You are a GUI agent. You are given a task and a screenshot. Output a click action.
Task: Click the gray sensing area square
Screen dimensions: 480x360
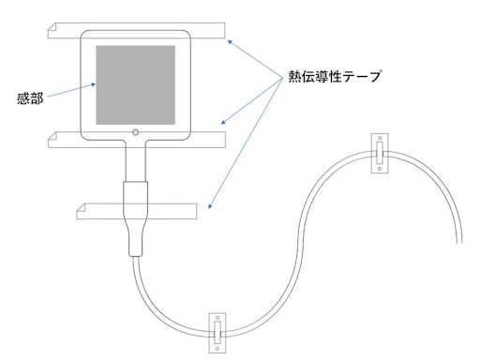pos(135,85)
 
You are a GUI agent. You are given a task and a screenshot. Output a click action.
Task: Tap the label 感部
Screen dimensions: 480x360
pos(30,98)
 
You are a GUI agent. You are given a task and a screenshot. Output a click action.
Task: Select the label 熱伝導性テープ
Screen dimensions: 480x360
pos(335,76)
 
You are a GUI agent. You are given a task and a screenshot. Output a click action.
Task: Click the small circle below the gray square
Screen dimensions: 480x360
pos(135,132)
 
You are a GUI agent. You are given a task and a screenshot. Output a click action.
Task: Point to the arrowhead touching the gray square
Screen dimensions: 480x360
pos(93,84)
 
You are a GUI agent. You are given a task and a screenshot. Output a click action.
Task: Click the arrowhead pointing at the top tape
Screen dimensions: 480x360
pos(230,42)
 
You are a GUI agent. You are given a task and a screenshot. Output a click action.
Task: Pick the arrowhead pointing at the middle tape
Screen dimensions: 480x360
pos(223,122)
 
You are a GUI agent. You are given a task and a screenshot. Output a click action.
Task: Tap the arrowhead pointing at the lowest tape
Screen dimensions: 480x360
pos(210,206)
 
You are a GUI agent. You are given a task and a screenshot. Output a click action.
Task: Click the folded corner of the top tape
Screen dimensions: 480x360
pos(52,26)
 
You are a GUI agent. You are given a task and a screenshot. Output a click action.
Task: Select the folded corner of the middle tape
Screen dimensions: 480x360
pos(52,136)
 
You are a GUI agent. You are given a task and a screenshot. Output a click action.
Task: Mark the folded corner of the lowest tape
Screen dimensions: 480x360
pos(82,207)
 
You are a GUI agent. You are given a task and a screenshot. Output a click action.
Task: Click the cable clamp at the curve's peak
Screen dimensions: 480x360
pos(380,153)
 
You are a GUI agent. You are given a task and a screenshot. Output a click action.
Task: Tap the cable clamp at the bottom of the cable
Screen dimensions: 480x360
pos(217,333)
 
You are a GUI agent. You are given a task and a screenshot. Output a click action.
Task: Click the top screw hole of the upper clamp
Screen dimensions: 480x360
pos(380,138)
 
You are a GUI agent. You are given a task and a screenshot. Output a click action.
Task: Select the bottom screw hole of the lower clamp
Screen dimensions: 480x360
pos(217,349)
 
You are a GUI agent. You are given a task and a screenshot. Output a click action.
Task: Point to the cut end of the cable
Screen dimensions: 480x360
pos(459,243)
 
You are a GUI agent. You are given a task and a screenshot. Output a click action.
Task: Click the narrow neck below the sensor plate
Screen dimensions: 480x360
pos(135,161)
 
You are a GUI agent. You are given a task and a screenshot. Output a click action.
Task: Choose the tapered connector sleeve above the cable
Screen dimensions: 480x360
pos(135,218)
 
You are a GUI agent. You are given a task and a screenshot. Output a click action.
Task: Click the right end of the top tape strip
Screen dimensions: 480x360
pos(225,30)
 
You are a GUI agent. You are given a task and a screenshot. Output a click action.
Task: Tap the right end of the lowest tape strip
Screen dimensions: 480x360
pos(197,211)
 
